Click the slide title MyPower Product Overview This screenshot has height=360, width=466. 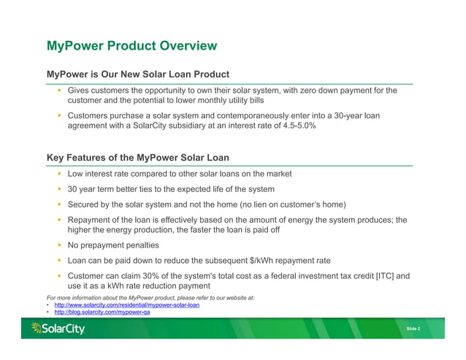[131, 46]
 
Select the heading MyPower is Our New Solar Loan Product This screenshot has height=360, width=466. [138, 74]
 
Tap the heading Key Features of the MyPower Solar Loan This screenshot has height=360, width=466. [138, 157]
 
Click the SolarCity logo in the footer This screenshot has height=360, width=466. [58, 329]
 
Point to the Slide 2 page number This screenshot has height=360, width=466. [413, 329]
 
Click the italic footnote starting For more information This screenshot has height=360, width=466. [150, 297]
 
